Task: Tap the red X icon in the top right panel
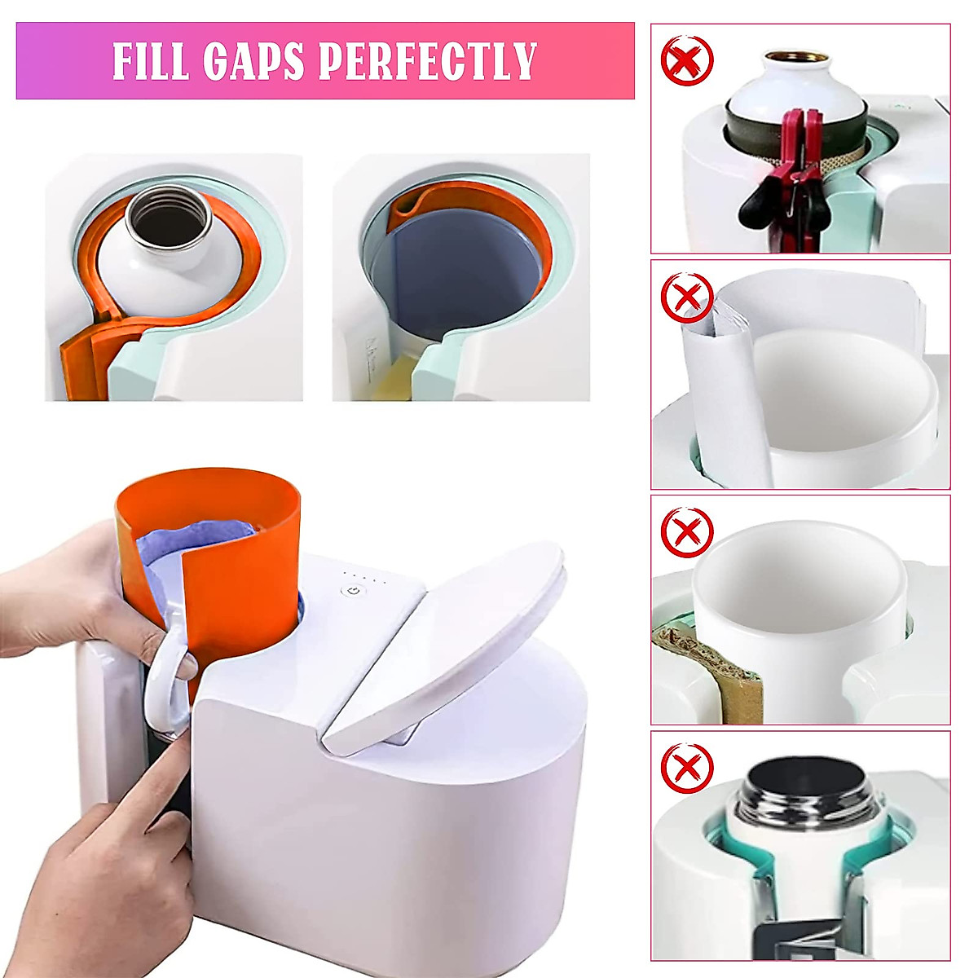[687, 59]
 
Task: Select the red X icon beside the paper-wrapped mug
[687, 297]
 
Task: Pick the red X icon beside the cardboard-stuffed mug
[687, 533]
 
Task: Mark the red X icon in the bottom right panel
[687, 768]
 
